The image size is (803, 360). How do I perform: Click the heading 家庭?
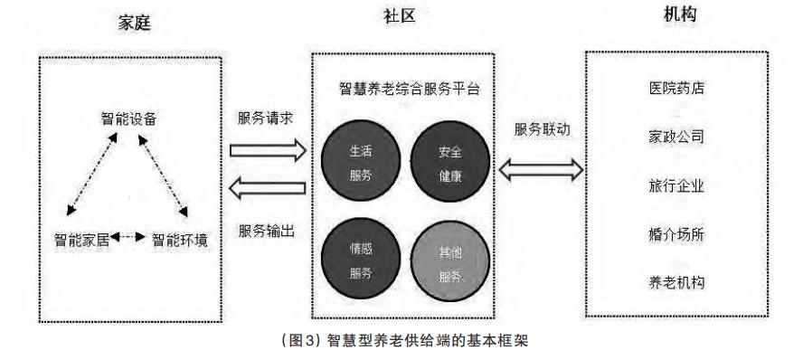(x=132, y=23)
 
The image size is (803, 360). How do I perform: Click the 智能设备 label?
(x=128, y=118)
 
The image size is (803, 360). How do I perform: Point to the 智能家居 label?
(x=81, y=240)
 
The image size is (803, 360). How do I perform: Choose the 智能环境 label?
(x=180, y=240)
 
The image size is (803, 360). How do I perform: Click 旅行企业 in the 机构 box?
(x=676, y=186)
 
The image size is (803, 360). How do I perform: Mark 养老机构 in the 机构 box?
(x=676, y=282)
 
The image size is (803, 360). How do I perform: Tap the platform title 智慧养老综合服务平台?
(x=403, y=89)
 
